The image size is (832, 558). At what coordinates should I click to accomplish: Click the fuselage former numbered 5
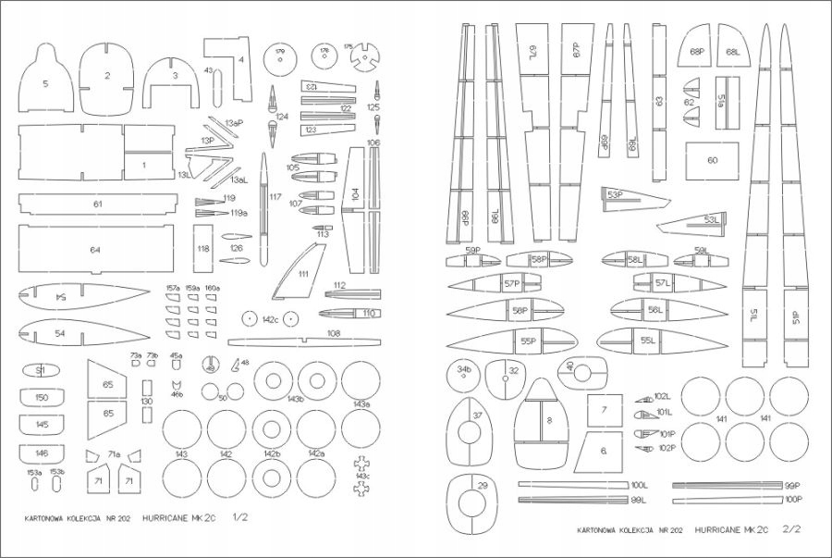coord(46,81)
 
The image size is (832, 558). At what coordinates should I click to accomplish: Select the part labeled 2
coord(107,75)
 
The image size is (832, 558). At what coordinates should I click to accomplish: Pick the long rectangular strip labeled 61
coord(97,203)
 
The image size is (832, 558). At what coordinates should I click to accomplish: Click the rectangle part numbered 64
coord(95,250)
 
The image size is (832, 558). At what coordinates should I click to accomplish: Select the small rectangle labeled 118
coord(203,248)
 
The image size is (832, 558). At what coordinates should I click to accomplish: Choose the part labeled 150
coord(42,397)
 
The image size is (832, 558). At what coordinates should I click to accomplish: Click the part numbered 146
coord(42,453)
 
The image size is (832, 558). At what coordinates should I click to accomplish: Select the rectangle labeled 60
coord(712,160)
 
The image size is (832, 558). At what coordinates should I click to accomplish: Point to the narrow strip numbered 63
coord(659,101)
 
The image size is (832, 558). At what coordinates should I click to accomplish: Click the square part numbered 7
coord(604,410)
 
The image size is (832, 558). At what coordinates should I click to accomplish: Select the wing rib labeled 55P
coord(527,341)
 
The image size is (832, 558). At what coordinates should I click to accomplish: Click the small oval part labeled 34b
coord(463,373)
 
